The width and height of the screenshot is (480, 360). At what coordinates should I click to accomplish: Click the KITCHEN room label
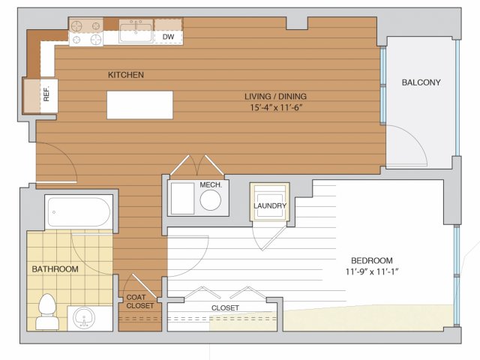tap(126, 75)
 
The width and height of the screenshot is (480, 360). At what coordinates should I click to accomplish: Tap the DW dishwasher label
tap(168, 37)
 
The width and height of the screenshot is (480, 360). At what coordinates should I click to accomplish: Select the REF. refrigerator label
tap(46, 94)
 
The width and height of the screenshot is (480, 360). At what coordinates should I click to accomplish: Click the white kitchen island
tap(140, 105)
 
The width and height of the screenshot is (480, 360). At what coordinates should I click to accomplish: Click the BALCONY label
tap(421, 82)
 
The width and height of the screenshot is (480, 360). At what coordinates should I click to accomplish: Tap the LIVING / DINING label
tap(275, 97)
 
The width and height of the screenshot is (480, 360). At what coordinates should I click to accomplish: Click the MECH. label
tap(211, 185)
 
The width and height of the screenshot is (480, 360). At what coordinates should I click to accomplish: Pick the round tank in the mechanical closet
tap(210, 200)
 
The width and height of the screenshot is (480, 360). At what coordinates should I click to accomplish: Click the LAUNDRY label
tap(270, 205)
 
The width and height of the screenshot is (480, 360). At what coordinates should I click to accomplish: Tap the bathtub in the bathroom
tap(79, 211)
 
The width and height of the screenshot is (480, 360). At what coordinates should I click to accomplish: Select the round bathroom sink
tap(84, 317)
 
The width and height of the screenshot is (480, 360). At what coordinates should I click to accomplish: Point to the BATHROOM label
tap(55, 269)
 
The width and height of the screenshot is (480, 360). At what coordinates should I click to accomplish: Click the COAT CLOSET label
tap(140, 301)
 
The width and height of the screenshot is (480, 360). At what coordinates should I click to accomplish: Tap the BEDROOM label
tap(372, 260)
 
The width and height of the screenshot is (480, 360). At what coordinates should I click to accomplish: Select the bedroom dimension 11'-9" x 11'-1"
tap(372, 271)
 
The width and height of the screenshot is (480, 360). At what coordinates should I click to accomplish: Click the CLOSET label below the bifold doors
tap(225, 308)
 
